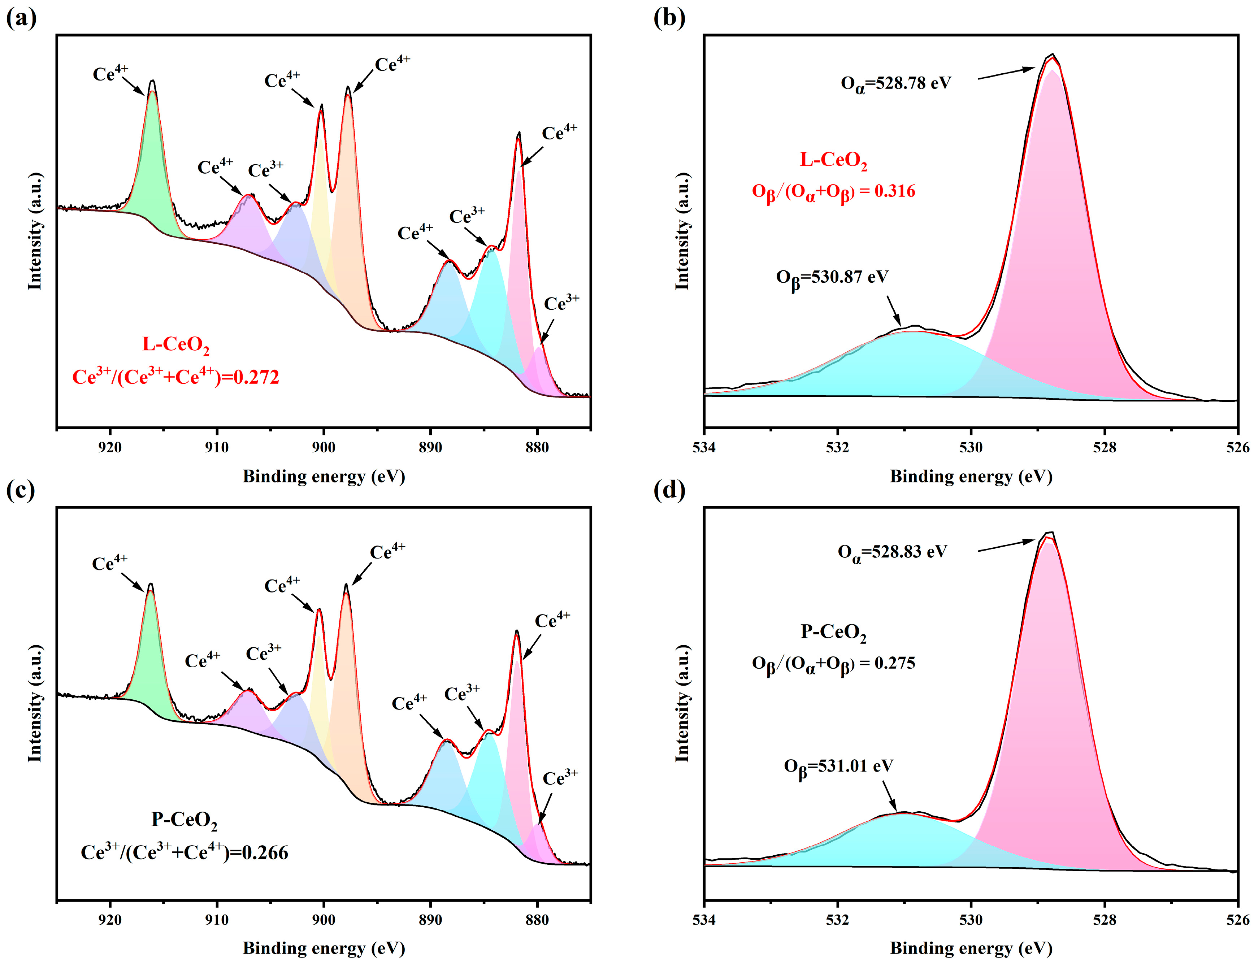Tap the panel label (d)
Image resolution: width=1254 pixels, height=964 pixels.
pos(669,491)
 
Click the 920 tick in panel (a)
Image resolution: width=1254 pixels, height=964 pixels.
pos(110,447)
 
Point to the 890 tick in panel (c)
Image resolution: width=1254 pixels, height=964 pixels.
pos(430,919)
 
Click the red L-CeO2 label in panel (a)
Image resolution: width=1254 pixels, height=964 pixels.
pos(175,345)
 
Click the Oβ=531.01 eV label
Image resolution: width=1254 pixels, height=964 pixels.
pos(838,767)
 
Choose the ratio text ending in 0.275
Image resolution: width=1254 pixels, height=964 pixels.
pos(833,664)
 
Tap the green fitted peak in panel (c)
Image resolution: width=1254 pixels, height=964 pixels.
pos(152,654)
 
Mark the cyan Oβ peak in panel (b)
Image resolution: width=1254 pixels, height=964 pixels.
pos(901,367)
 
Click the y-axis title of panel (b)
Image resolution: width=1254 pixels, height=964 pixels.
pos(681,231)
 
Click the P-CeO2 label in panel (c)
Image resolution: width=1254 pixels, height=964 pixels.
pos(184,820)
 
